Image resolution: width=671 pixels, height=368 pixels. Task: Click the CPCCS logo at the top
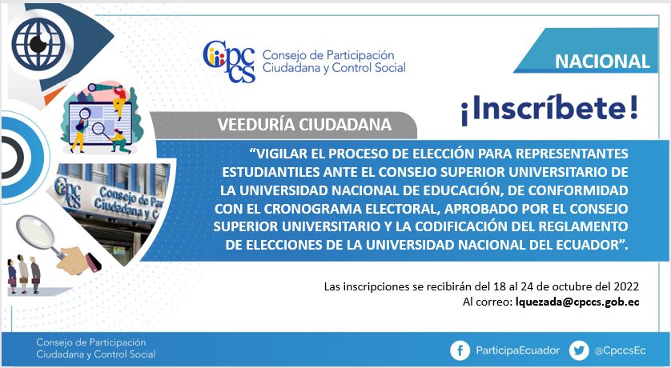[229, 62]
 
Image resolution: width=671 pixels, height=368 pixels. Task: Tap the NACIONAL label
[602, 62]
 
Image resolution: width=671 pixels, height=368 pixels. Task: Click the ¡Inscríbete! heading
[549, 109]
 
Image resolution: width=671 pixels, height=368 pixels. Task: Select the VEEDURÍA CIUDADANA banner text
[304, 124]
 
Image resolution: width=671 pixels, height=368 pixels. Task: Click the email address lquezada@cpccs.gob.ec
[577, 302]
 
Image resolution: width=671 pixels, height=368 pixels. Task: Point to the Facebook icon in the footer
[460, 351]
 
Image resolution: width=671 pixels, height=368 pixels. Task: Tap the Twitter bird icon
[579, 351]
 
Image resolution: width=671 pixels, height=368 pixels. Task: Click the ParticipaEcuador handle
[518, 350]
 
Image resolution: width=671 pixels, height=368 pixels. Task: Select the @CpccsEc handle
[620, 351]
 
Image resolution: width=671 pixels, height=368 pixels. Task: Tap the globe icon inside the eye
[38, 43]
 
